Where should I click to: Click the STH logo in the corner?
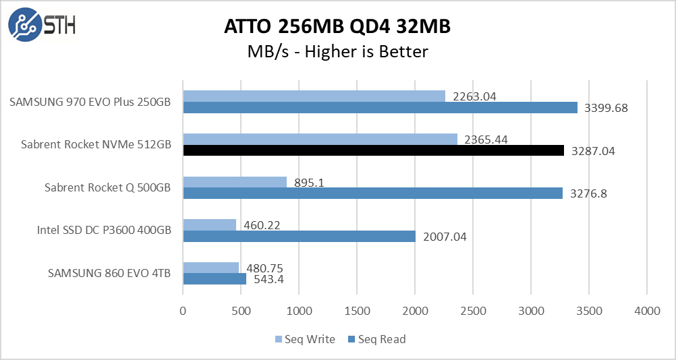(x=42, y=25)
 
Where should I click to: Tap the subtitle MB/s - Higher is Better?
(x=337, y=51)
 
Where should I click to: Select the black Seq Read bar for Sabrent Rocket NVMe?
(x=373, y=150)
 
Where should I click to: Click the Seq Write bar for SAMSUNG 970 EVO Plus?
(x=314, y=96)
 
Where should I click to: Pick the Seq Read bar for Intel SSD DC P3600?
(x=299, y=237)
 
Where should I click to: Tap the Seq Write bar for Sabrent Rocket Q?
(x=235, y=182)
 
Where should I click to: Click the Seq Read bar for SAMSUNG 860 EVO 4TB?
(x=215, y=279)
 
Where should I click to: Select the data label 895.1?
(x=310, y=182)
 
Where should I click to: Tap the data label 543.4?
(x=269, y=279)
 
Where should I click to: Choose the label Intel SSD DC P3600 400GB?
(x=104, y=231)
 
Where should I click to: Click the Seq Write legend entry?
(x=305, y=339)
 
